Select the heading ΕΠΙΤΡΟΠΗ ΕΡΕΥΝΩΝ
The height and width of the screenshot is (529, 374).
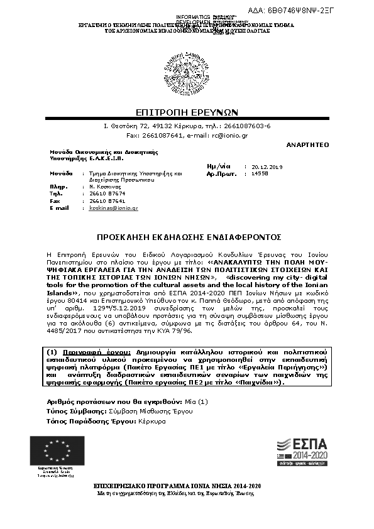pos(186,112)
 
